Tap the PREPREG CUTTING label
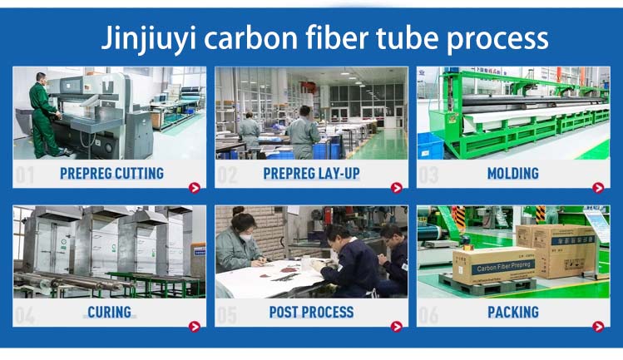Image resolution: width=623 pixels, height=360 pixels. click(x=111, y=174)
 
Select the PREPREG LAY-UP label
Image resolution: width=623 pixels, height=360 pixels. click(x=312, y=174)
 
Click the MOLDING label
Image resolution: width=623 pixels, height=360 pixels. click(x=513, y=174)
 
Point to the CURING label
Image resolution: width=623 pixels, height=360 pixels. click(x=109, y=313)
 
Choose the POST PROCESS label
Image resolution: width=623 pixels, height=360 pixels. click(x=312, y=313)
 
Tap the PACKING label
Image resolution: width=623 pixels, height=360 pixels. click(x=513, y=313)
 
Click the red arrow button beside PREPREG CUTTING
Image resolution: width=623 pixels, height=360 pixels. click(x=195, y=187)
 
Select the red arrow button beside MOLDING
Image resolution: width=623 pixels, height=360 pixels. click(x=597, y=187)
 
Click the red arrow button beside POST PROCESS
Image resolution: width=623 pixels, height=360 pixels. click(x=396, y=327)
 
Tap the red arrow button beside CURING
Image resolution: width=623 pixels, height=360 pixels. click(x=195, y=327)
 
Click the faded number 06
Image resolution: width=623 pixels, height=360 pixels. click(x=428, y=315)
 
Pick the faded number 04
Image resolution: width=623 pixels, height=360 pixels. click(x=26, y=315)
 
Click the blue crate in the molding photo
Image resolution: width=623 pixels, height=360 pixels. click(x=431, y=145)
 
